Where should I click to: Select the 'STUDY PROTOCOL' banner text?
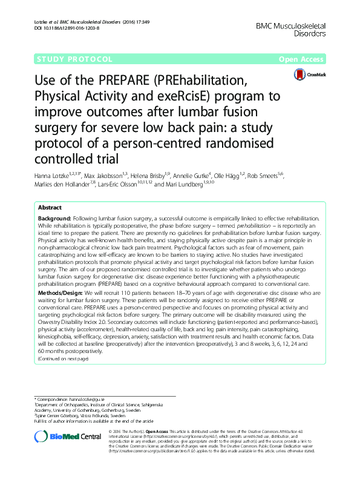point(75,59)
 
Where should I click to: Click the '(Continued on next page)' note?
point(64,358)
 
